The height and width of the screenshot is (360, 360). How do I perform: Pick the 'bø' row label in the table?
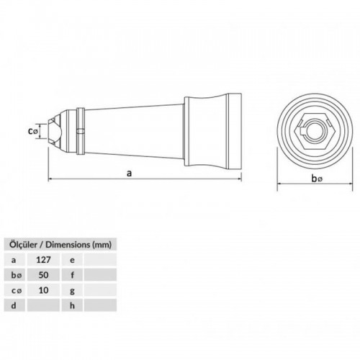[15, 274]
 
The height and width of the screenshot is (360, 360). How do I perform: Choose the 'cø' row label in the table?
[15, 289]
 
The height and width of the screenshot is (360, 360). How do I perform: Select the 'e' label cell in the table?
[73, 259]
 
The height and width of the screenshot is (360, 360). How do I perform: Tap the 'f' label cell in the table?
[73, 274]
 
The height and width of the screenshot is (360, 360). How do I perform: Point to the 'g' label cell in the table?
[73, 289]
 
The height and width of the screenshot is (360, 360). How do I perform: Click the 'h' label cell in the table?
[73, 305]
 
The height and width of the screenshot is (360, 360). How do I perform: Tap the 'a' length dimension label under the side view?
[129, 173]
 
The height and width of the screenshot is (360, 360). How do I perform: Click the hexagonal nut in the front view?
[311, 130]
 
